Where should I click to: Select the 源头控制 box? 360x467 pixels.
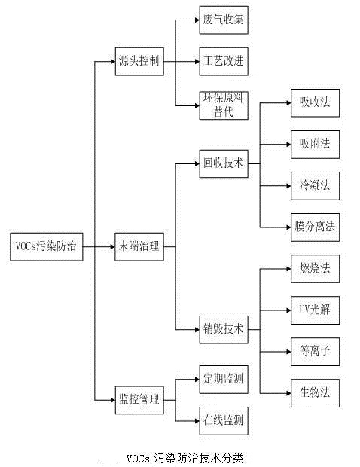coord(139,60)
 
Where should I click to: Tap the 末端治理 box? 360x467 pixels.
coord(139,246)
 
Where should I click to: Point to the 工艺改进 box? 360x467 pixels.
coord(223,60)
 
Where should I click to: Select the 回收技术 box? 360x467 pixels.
coord(223,163)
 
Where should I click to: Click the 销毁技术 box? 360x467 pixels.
coord(223,328)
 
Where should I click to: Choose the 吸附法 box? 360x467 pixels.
coord(310,142)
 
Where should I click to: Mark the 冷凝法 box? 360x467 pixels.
coord(310,184)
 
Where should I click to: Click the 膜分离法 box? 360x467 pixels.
coord(310,225)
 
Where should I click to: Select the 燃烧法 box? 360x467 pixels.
coord(310,267)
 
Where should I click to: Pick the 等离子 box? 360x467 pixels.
coord(310,349)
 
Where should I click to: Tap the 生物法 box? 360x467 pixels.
coord(310,392)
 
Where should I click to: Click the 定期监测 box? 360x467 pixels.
coord(223,378)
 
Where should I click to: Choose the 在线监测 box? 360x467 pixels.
coord(223,419)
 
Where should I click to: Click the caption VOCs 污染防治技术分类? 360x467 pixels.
coord(185,456)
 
